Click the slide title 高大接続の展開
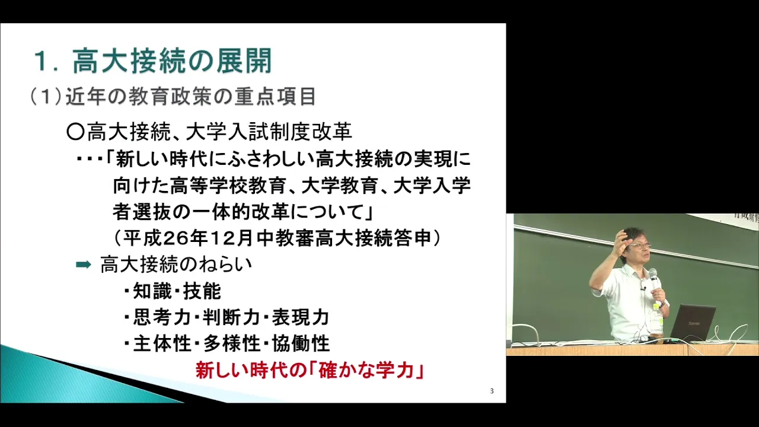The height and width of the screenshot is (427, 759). pyautogui.click(x=172, y=61)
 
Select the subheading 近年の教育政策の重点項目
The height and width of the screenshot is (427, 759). pyautogui.click(x=190, y=97)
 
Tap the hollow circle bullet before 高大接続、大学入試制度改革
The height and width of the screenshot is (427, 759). pyautogui.click(x=75, y=132)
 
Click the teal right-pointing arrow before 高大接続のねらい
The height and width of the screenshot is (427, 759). pyautogui.click(x=84, y=265)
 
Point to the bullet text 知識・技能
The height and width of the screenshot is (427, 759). pyautogui.click(x=177, y=291)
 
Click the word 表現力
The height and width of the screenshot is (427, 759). pyautogui.click(x=301, y=317)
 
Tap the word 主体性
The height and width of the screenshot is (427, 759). pyautogui.click(x=162, y=343)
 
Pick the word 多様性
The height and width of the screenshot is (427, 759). pyautogui.click(x=232, y=343)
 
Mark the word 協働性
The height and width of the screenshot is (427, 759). pyautogui.click(x=301, y=343)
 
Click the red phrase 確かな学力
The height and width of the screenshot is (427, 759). pyautogui.click(x=370, y=371)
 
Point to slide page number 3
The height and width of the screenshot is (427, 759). pyautogui.click(x=492, y=391)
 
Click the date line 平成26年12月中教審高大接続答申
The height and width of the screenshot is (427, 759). pyautogui.click(x=277, y=238)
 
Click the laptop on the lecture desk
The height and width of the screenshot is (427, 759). pyautogui.click(x=691, y=323)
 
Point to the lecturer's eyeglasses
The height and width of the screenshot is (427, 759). pyautogui.click(x=640, y=245)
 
